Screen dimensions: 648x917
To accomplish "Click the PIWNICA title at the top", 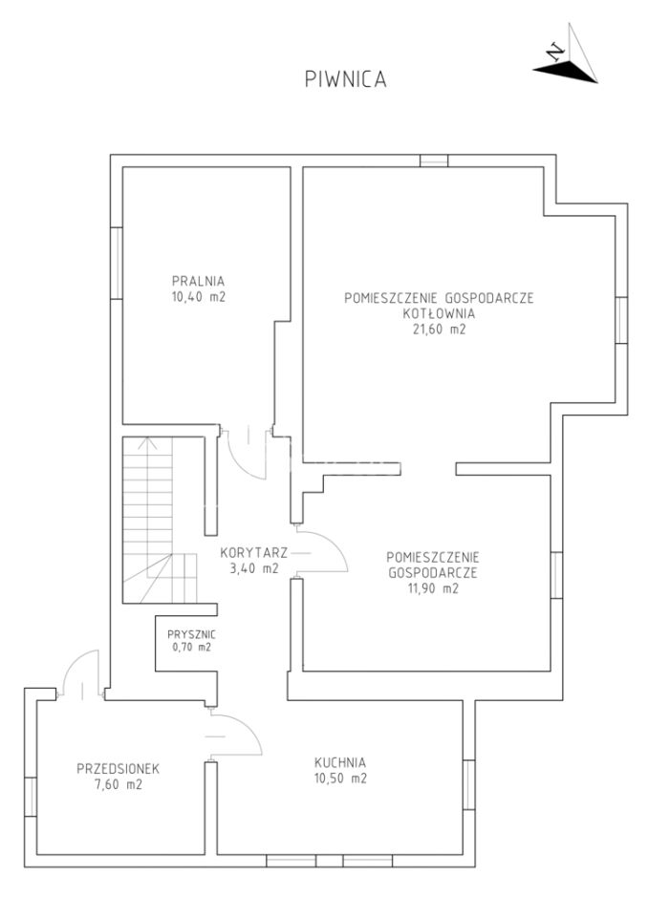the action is click(x=345, y=79).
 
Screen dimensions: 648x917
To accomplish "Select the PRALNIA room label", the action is click(x=198, y=281).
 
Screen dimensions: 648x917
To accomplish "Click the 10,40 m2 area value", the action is click(x=199, y=296).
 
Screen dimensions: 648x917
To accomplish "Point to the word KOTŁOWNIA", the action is click(x=439, y=313).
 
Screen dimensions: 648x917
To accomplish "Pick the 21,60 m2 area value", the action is click(x=439, y=330).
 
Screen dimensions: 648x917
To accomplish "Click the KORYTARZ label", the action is click(x=253, y=552).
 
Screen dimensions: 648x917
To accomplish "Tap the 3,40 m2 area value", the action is click(x=253, y=567).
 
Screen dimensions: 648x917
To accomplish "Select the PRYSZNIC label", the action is click(x=191, y=634).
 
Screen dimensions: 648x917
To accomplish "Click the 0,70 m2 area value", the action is click(x=191, y=647).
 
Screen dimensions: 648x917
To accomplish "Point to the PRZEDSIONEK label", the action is click(x=119, y=768).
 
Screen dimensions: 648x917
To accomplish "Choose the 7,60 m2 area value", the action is click(x=119, y=785).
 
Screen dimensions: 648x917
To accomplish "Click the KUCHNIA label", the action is click(x=340, y=762).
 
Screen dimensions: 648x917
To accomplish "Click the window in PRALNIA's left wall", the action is click(x=117, y=263).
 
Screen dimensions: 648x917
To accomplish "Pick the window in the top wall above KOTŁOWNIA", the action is click(x=434, y=160).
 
